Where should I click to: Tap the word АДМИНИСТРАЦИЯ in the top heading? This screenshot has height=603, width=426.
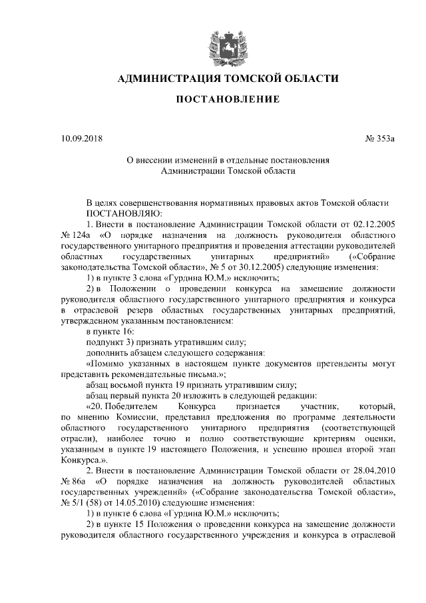[x=170, y=79]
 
